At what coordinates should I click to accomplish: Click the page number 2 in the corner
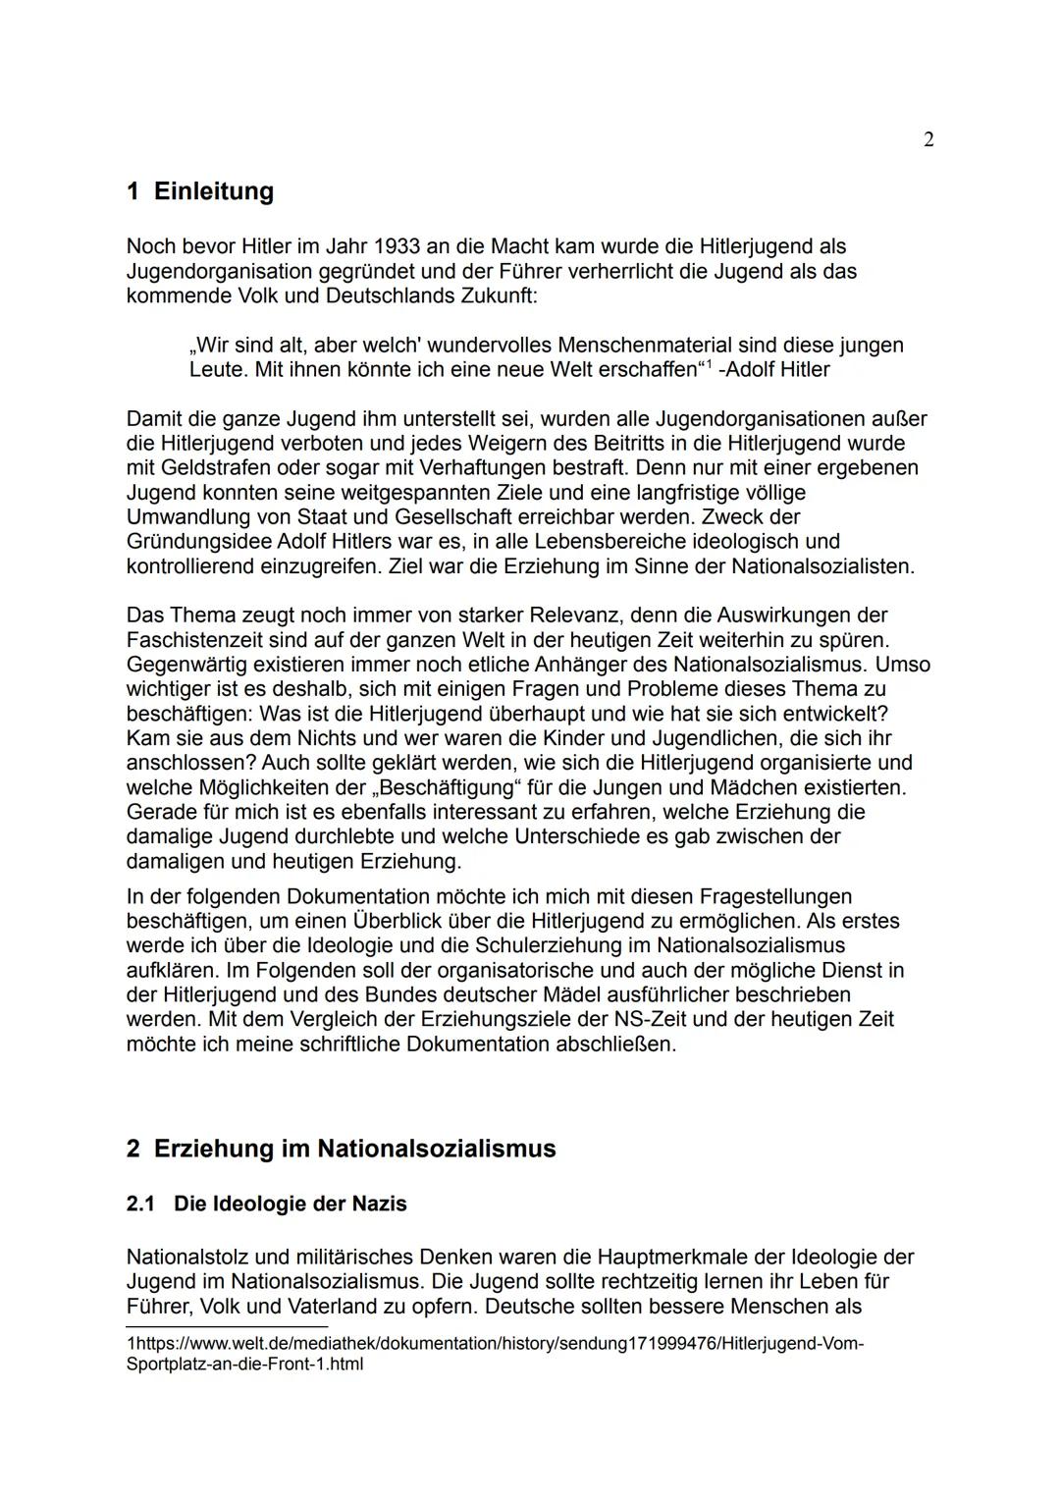[928, 140]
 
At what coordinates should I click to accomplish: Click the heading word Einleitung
[213, 191]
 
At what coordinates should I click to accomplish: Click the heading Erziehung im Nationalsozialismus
[354, 1149]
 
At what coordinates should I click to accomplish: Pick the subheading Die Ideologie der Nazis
[290, 1204]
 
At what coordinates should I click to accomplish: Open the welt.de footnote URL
[496, 1344]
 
